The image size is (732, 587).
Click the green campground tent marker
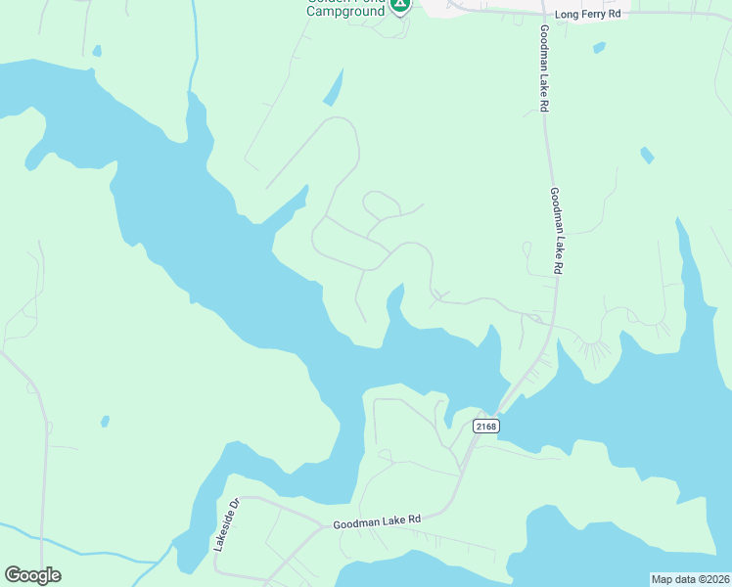(399, 6)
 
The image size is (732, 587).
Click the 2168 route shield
(484, 426)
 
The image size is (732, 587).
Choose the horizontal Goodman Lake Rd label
(376, 522)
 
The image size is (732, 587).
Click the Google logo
(32, 575)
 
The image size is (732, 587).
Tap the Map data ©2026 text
(690, 579)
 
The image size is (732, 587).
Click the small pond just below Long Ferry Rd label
(598, 46)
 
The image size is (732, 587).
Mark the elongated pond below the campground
(334, 88)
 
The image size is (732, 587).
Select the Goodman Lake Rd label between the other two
(555, 231)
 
